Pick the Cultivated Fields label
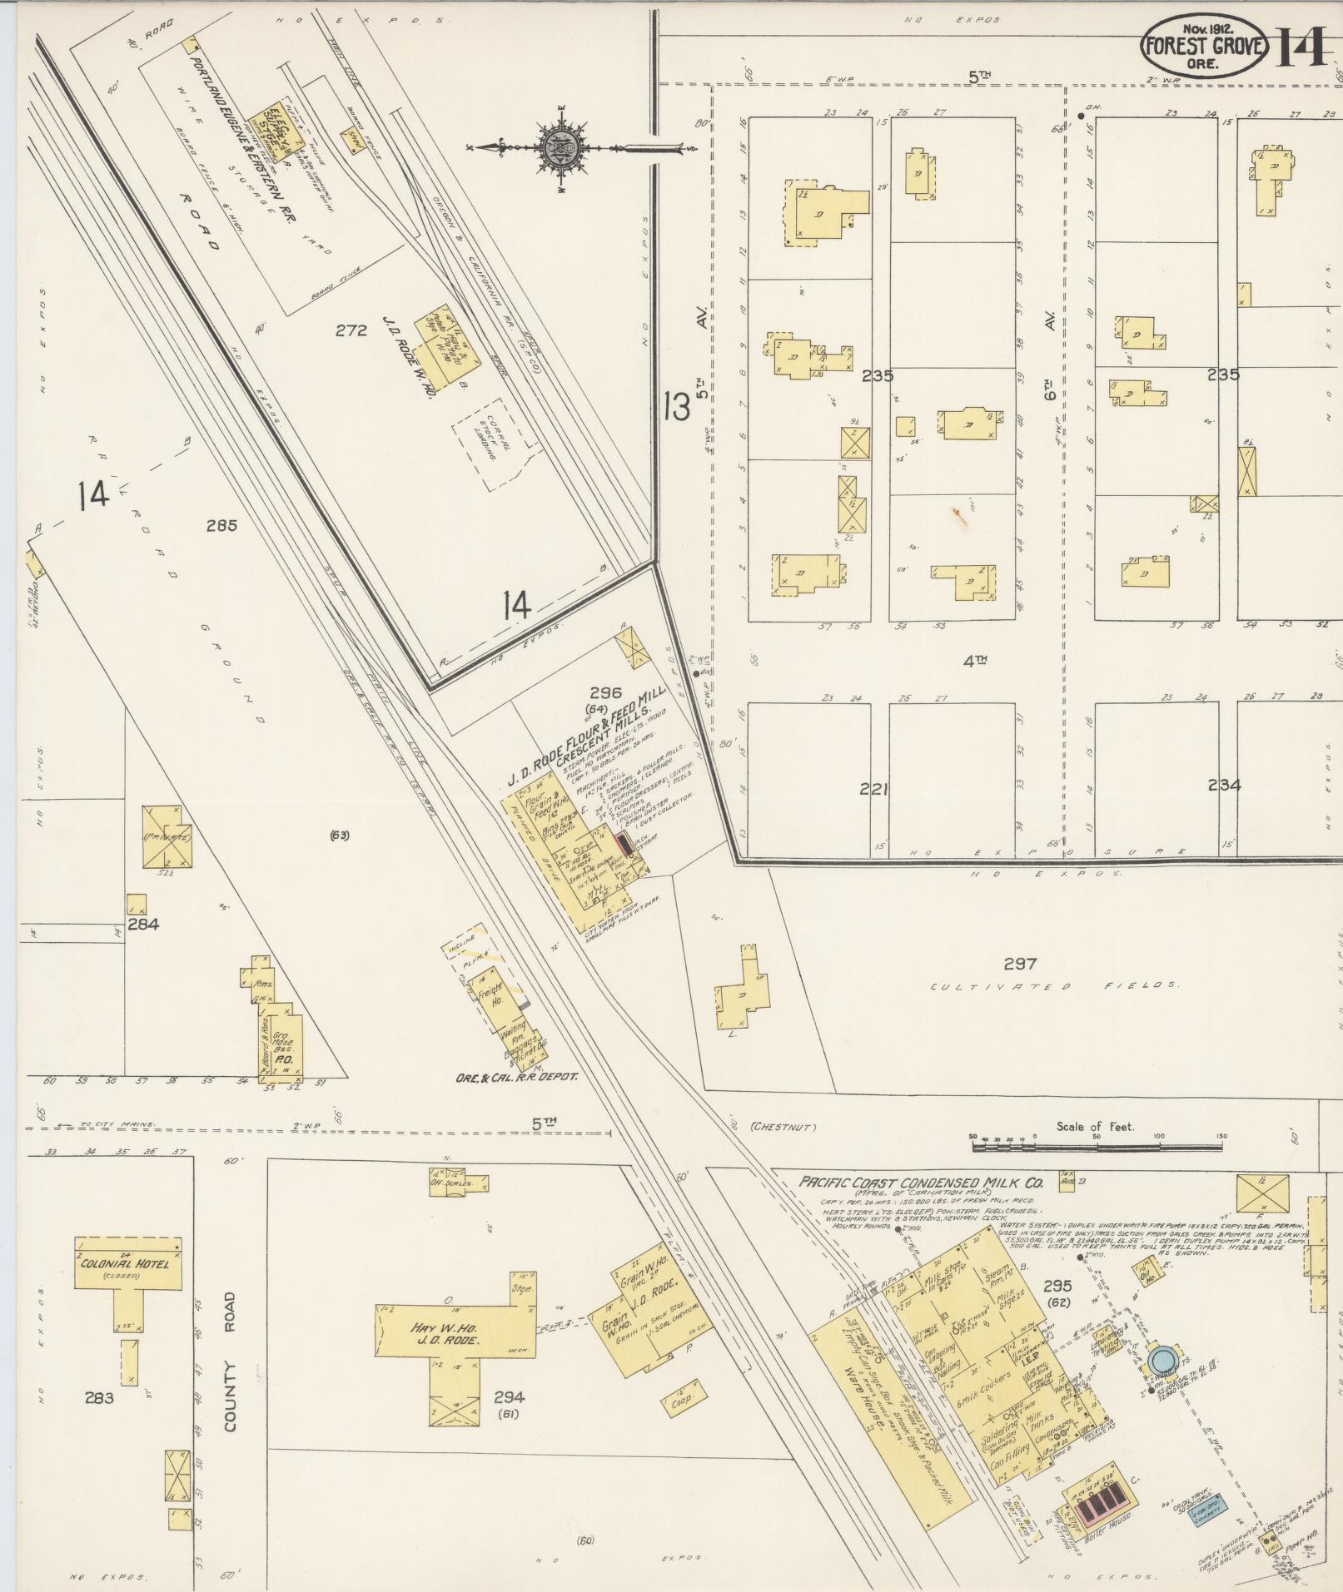tap(1054, 986)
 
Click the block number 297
tap(1020, 964)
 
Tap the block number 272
tap(351, 330)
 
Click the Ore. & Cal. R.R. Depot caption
tap(516, 1076)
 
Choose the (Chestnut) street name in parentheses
tap(783, 1128)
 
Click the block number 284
tap(143, 924)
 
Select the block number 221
tap(874, 788)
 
